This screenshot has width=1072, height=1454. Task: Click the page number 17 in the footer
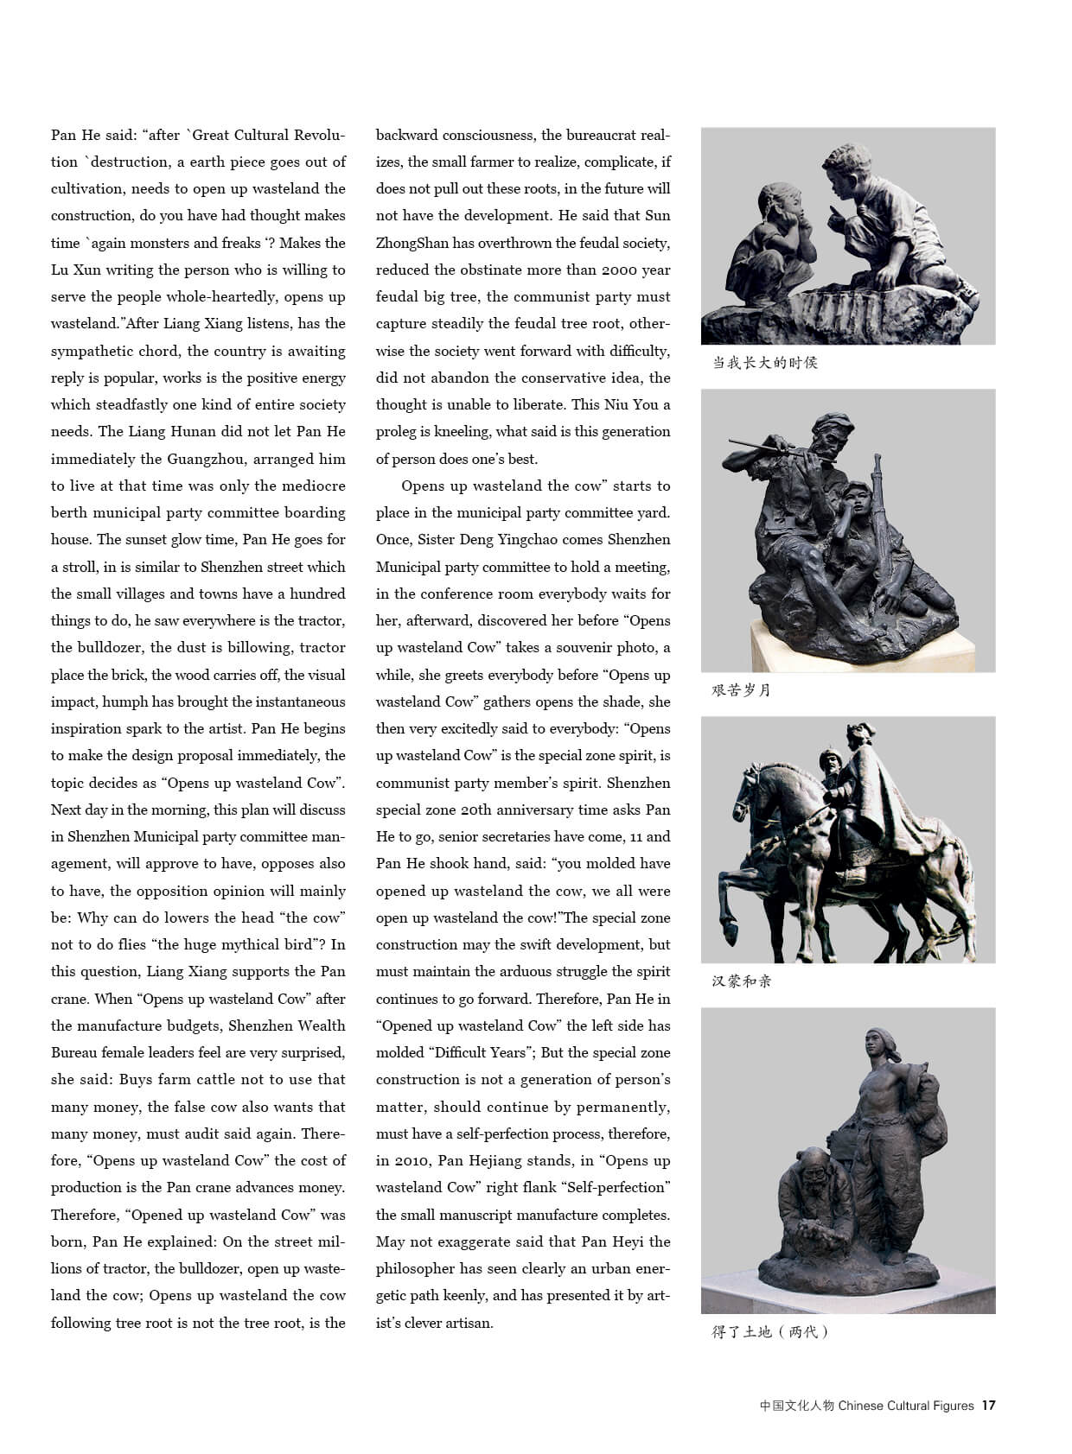click(x=988, y=1406)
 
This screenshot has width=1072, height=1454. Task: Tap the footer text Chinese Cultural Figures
click(x=906, y=1406)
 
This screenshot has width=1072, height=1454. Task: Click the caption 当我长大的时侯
click(x=764, y=363)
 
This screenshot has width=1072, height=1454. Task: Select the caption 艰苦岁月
click(x=741, y=690)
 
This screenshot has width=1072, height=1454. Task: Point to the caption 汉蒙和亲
click(x=741, y=981)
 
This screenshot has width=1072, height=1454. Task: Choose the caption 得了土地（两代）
click(x=769, y=1332)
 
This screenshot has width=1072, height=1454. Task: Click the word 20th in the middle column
click(x=477, y=810)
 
